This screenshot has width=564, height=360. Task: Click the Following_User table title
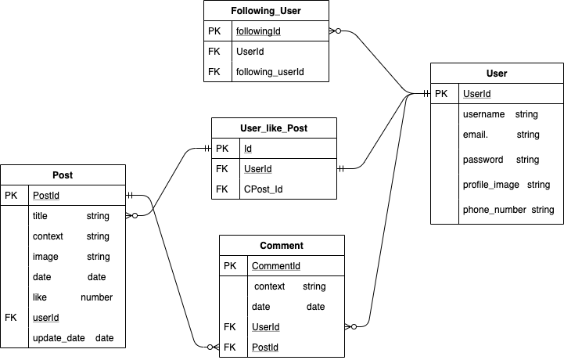point(266,11)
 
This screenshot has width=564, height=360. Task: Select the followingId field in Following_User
point(258,31)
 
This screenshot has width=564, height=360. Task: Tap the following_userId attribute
point(270,72)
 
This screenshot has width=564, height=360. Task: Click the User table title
point(497,74)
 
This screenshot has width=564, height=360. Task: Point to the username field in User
point(483,114)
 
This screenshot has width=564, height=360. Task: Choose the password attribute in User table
point(483,160)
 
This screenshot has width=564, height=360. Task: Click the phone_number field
point(496,210)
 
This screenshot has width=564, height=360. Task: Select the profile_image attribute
point(495,185)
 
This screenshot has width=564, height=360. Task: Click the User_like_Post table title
point(274,128)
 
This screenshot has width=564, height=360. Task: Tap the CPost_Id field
point(264,189)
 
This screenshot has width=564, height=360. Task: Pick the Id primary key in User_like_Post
point(248,148)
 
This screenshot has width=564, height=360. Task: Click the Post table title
point(63,175)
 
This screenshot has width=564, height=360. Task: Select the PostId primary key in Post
point(45,196)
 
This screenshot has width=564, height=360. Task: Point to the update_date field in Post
point(58,338)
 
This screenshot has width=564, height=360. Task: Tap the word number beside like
point(96,297)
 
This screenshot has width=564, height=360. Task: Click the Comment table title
point(282,246)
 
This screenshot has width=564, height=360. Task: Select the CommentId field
point(275,266)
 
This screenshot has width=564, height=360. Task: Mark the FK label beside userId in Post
point(10,318)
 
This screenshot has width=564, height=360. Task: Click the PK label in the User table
point(441,94)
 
